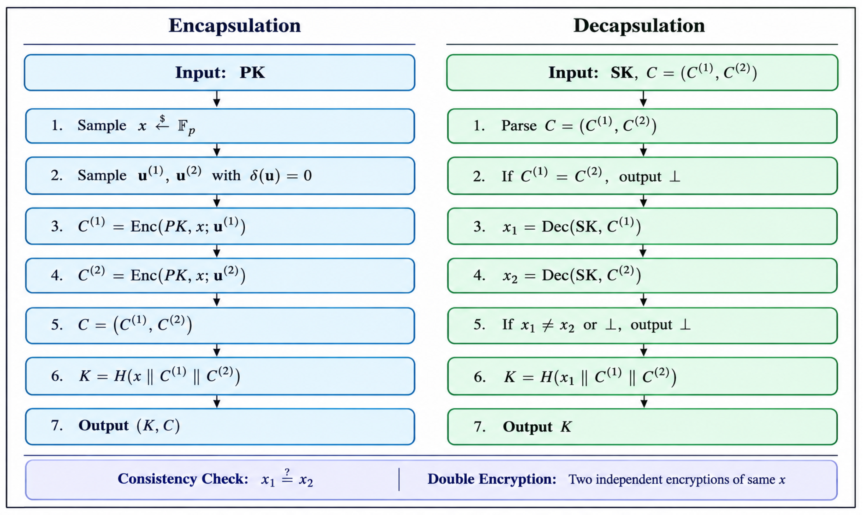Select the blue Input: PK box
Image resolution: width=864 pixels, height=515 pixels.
click(x=220, y=73)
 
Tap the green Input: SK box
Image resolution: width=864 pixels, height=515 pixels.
click(x=642, y=73)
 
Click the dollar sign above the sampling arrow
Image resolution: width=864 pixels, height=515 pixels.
click(x=162, y=119)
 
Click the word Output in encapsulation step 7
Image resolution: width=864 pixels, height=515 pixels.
click(x=103, y=425)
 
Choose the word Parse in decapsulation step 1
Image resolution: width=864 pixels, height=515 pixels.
click(x=519, y=126)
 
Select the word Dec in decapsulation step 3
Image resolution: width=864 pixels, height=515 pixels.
click(x=555, y=227)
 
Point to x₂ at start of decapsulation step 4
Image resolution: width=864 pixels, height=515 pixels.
click(x=510, y=277)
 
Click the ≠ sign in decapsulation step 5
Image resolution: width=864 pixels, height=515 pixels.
click(x=547, y=325)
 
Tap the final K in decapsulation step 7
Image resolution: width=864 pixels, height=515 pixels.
click(x=566, y=426)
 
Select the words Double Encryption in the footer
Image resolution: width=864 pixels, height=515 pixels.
click(x=492, y=479)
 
